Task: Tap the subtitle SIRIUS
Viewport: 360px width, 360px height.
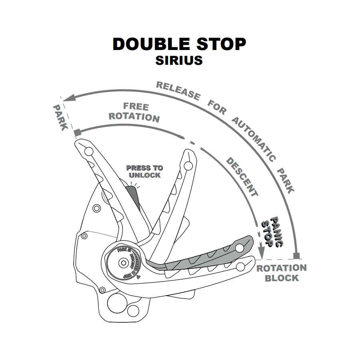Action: [179, 60]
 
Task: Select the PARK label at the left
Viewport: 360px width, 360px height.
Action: [60, 118]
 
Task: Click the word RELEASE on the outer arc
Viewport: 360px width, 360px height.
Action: [178, 90]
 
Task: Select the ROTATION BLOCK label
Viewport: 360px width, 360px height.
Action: [282, 273]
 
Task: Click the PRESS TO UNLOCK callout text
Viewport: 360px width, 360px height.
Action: [144, 172]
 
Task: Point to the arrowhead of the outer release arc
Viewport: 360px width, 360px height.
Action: [67, 97]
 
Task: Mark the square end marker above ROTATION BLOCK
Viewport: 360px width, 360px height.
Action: [296, 255]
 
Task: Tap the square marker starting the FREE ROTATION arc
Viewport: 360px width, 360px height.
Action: [77, 132]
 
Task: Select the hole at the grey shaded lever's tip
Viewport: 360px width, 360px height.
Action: [239, 248]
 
